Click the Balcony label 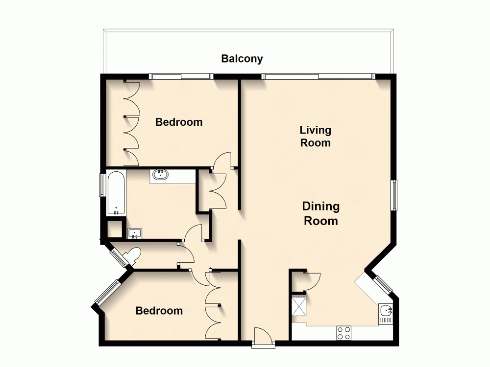[242, 59]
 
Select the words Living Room [316, 137]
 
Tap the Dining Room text [321, 213]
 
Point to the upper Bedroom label [179, 122]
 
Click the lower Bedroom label [159, 311]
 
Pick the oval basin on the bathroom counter [160, 175]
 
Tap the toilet [132, 255]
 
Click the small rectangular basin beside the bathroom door [135, 233]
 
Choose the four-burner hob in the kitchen [343, 333]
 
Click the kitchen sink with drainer [386, 314]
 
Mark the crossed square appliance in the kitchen [298, 306]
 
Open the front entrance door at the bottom [263, 338]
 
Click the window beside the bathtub [102, 185]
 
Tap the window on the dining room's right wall [393, 195]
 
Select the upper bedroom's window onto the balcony [181, 76]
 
